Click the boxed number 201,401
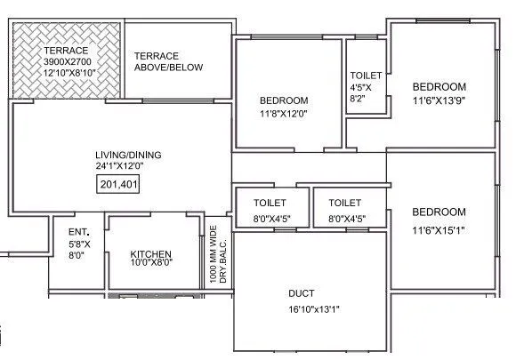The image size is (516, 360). coord(117,185)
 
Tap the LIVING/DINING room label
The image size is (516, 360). coord(120,155)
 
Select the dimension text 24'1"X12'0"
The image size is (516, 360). coord(120,166)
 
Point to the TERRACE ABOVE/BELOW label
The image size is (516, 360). coord(168,61)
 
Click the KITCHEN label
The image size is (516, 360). coord(150,252)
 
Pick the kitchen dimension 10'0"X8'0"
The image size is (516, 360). coord(150,262)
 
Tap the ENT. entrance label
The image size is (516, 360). coord(77,232)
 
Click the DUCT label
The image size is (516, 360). coord(301,293)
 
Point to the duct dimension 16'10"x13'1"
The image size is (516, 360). coord(302,308)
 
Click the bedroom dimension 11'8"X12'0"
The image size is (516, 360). coord(284,114)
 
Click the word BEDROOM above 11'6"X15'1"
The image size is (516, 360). coord(439,212)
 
